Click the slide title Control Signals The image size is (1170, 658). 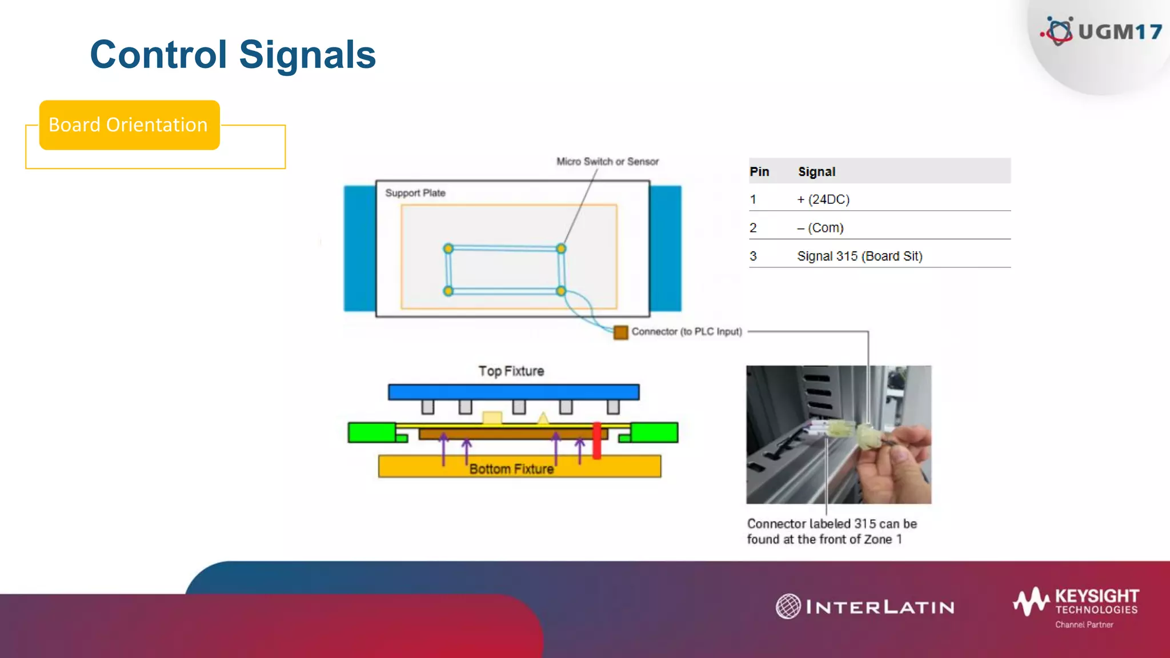click(233, 55)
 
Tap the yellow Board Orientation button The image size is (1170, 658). click(129, 125)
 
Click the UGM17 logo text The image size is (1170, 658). click(1119, 32)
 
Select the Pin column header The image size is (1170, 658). click(759, 172)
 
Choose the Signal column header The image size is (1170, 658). click(816, 172)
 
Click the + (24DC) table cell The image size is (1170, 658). click(823, 199)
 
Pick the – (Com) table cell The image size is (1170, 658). click(820, 228)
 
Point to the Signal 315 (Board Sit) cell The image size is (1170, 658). click(860, 256)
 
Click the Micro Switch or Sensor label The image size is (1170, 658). click(607, 162)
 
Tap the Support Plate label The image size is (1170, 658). click(415, 193)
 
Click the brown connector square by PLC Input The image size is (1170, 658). click(620, 332)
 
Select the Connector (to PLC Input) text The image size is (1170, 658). click(687, 332)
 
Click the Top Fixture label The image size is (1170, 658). click(511, 371)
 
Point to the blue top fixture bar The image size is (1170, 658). click(513, 392)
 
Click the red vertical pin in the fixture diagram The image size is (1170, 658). click(596, 440)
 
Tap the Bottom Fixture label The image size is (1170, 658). click(511, 469)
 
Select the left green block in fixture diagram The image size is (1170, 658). click(371, 432)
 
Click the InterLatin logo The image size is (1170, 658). click(865, 607)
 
